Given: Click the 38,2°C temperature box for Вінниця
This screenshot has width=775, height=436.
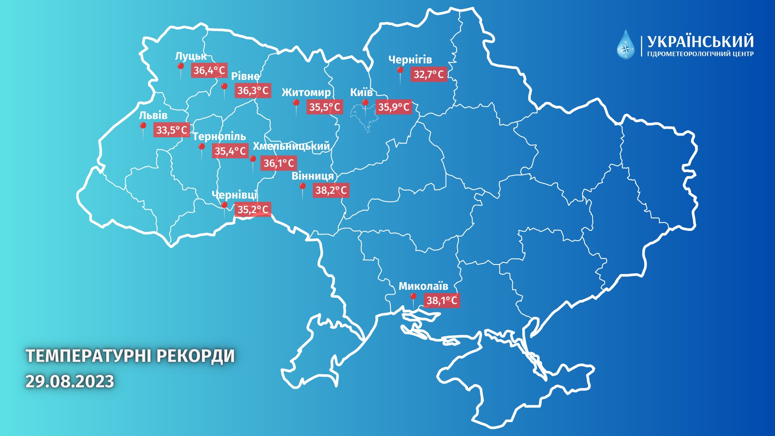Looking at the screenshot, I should coord(331,190).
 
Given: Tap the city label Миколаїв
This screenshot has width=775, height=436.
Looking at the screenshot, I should coord(423,286).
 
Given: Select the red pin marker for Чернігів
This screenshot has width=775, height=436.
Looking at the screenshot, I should coord(400,70).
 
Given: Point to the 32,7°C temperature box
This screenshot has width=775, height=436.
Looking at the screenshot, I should coord(428,74).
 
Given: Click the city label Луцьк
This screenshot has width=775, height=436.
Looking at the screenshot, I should coord(191,56).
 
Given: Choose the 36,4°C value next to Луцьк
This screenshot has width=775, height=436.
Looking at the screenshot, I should coord(209,70).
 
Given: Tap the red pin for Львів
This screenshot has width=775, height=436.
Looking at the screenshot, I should coord(143,126).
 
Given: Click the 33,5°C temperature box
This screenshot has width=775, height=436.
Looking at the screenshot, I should coord(172,130).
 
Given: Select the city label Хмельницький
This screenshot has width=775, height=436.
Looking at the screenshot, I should coord(291,146).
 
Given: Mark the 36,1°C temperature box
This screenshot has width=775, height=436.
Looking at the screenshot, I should coord(279,163).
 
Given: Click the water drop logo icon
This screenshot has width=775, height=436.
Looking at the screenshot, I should coord(626,45).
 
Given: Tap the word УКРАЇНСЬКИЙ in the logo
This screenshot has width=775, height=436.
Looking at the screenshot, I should coord(700,42).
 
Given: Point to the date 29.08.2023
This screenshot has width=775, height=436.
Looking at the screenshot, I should coord(70,381).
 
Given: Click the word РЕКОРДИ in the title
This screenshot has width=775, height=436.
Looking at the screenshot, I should coord(195,356).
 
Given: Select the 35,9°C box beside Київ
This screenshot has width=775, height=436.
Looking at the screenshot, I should coord(394,107).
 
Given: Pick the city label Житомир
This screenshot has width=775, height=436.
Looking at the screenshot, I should coord(306,92).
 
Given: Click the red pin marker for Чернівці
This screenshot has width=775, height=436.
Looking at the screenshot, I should coord(224,205).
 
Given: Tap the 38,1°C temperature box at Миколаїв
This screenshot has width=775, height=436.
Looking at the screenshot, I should coord(442,300).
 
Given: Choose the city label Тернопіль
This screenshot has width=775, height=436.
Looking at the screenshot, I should coord(219,136).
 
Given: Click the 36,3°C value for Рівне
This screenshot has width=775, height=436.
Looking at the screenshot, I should coord(253,90).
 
